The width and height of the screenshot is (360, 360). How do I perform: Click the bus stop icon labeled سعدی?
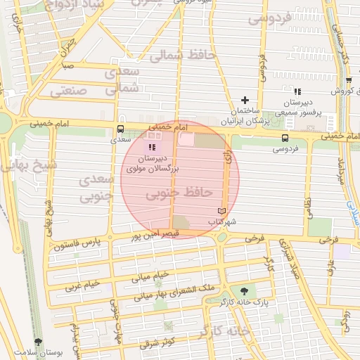pyautogui.click(x=120, y=129)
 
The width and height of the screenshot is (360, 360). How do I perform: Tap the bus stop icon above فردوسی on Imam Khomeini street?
pyautogui.click(x=285, y=138)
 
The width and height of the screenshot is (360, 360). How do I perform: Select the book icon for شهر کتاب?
pyautogui.click(x=221, y=211)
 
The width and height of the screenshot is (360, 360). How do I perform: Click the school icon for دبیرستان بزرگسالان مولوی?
pyautogui.click(x=153, y=146)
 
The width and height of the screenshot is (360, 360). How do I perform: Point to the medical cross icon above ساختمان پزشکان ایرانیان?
pyautogui.click(x=245, y=101)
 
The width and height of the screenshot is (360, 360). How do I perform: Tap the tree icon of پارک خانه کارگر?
pyautogui.click(x=244, y=290)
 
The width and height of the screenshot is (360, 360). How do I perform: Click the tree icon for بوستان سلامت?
pyautogui.click(x=38, y=341)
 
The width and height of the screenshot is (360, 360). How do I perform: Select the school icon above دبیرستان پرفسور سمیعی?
pyautogui.click(x=297, y=91)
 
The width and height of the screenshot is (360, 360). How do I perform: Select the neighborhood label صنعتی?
pyautogui.click(x=69, y=90)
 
